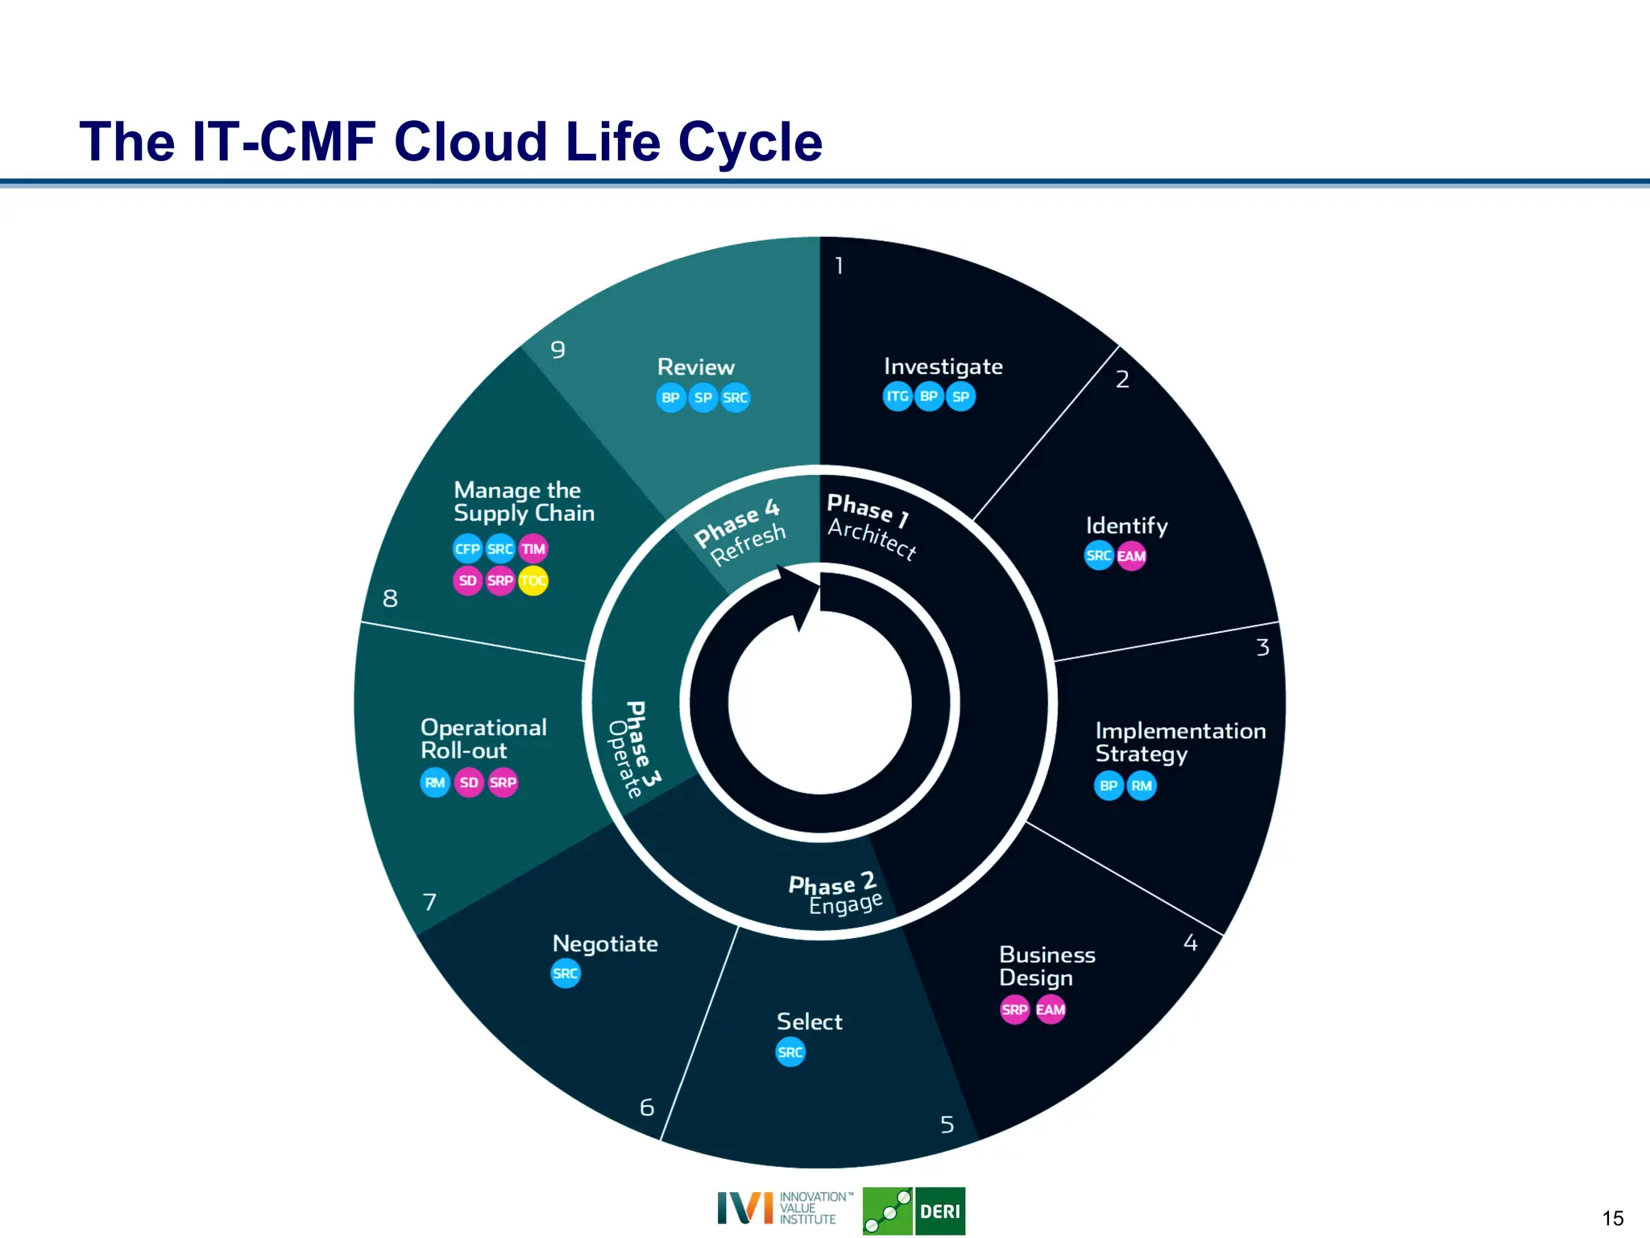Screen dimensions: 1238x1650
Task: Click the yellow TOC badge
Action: click(x=533, y=580)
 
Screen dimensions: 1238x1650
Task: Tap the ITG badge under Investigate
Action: click(x=897, y=397)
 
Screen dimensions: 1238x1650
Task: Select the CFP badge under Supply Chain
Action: click(x=467, y=549)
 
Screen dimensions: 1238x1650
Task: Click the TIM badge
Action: click(x=533, y=549)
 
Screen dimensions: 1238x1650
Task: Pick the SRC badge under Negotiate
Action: click(x=565, y=974)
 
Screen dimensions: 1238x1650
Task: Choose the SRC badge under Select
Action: click(x=790, y=1052)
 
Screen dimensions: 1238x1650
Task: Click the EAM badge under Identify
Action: click(x=1131, y=556)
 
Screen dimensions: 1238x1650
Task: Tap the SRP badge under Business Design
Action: click(x=1014, y=1010)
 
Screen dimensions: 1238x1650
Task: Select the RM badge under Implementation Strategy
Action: click(x=1141, y=786)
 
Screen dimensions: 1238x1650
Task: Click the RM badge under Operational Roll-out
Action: click(x=435, y=783)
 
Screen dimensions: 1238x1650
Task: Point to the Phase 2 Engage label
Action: click(x=835, y=893)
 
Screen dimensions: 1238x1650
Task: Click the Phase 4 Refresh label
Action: click(x=740, y=532)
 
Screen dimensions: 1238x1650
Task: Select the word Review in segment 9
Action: click(x=695, y=368)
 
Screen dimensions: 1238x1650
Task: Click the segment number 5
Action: click(x=947, y=1124)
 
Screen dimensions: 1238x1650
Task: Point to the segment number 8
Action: click(x=390, y=599)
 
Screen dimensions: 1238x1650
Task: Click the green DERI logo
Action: click(x=914, y=1211)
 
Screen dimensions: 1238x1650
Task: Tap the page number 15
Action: click(x=1612, y=1218)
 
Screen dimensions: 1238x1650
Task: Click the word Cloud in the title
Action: click(x=472, y=143)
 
